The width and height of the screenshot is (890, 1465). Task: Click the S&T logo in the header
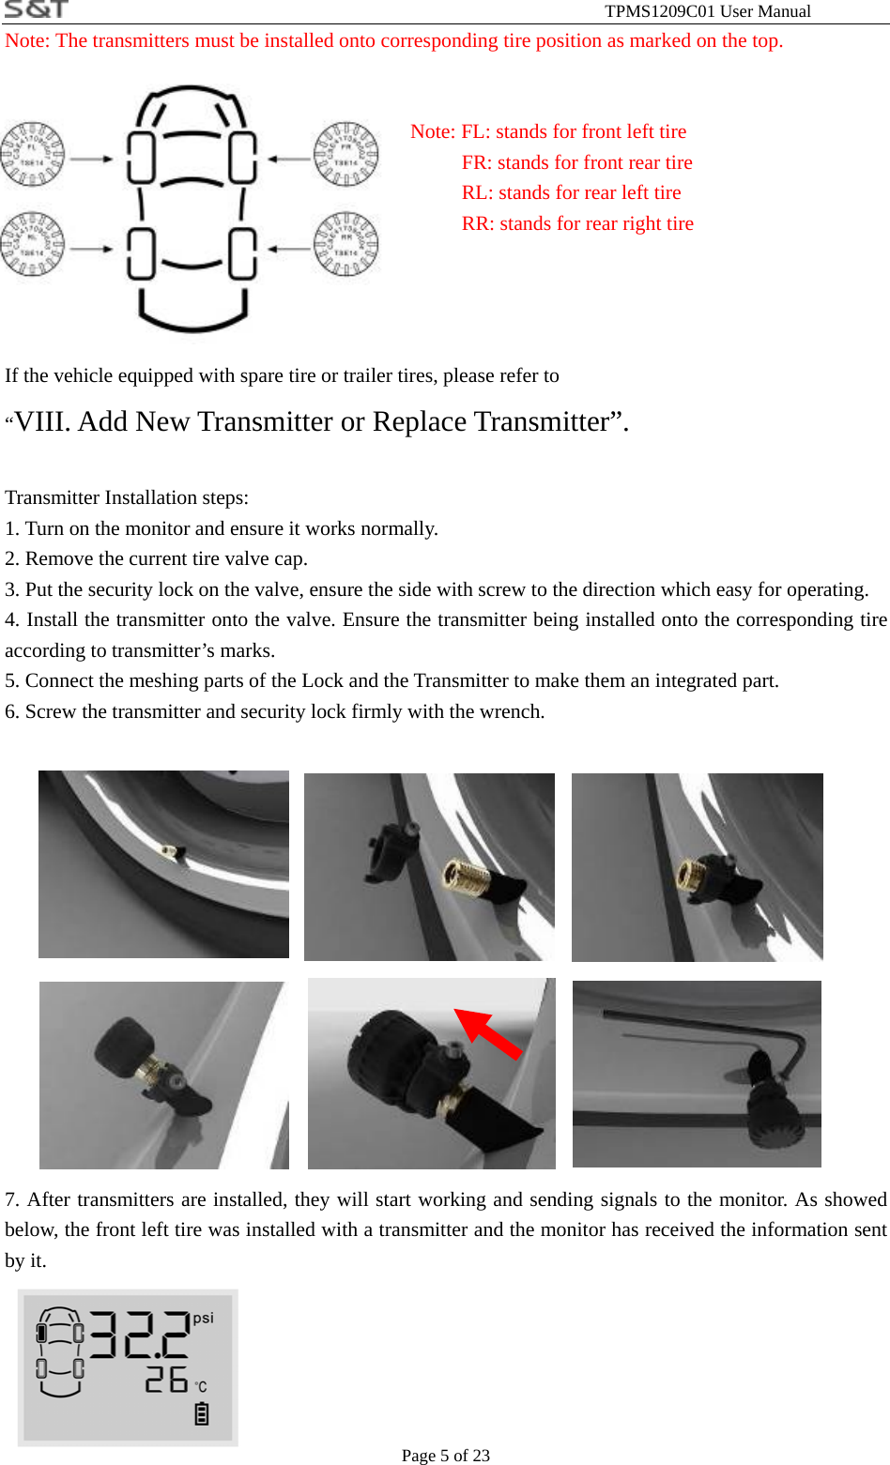pos(36,9)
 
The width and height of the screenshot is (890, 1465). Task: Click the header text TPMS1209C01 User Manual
pos(707,11)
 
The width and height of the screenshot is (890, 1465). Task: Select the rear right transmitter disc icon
pos(345,245)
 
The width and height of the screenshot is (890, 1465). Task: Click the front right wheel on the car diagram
pos(242,157)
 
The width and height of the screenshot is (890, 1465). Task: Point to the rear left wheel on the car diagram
pos(141,253)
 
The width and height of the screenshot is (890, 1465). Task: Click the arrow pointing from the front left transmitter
pos(91,159)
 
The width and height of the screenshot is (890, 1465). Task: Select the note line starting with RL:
pos(571,192)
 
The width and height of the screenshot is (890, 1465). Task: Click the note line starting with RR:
pos(577,223)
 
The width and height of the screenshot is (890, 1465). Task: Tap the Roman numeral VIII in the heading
pos(43,421)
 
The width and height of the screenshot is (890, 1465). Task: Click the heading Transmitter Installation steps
pos(127,497)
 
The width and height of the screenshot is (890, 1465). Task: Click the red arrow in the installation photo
pos(488,1033)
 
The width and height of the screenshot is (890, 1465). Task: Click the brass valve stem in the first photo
pos(166,852)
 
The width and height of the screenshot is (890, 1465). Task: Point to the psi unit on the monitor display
pos(204,1319)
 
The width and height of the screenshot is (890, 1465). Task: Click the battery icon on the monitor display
pos(201,1413)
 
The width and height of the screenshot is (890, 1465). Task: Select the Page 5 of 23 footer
pos(445,1456)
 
